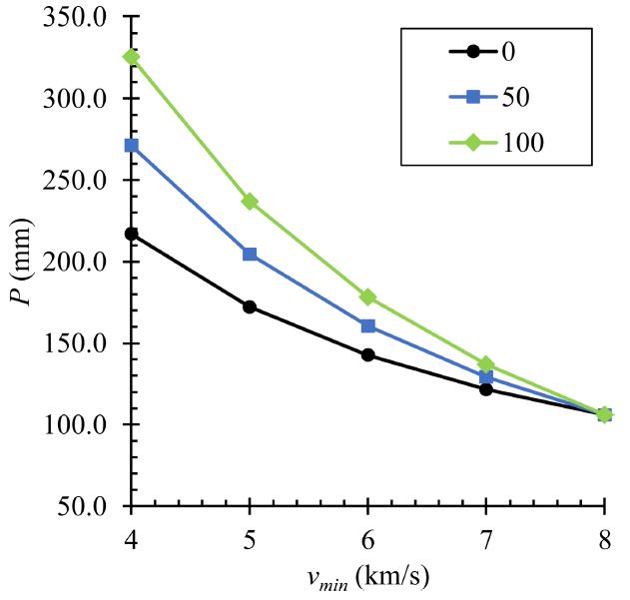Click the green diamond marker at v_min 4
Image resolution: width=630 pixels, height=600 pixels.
[132, 57]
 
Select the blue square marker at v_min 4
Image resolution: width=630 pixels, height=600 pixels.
[132, 146]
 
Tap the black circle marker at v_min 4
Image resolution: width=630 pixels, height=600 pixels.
[132, 234]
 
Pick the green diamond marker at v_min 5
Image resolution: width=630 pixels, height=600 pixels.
[250, 202]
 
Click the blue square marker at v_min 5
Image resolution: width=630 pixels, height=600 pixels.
[250, 255]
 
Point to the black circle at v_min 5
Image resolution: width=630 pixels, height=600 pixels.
[250, 306]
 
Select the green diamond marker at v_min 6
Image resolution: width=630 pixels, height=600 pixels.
[368, 298]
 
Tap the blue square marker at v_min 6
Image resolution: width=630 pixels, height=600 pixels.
[368, 326]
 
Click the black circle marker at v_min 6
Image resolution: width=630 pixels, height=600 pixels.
[368, 354]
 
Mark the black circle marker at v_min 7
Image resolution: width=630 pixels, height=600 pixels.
[486, 389]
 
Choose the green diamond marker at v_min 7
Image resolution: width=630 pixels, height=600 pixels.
[486, 364]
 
